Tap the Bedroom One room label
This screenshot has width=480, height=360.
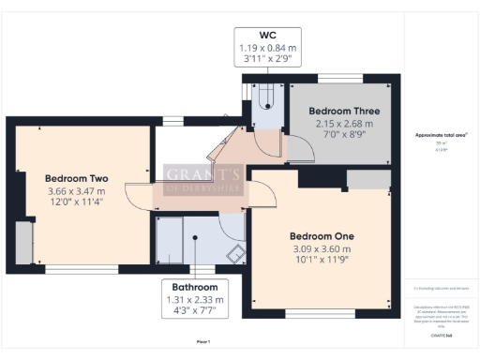(321, 235)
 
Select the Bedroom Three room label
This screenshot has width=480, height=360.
(342, 110)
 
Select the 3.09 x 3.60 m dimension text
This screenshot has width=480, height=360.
(321, 248)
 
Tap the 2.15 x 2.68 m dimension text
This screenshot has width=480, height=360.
(342, 123)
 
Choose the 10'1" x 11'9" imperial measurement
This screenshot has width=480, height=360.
(321, 261)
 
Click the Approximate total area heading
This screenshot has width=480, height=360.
(441, 135)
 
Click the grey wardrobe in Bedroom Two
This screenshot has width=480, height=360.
(22, 242)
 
